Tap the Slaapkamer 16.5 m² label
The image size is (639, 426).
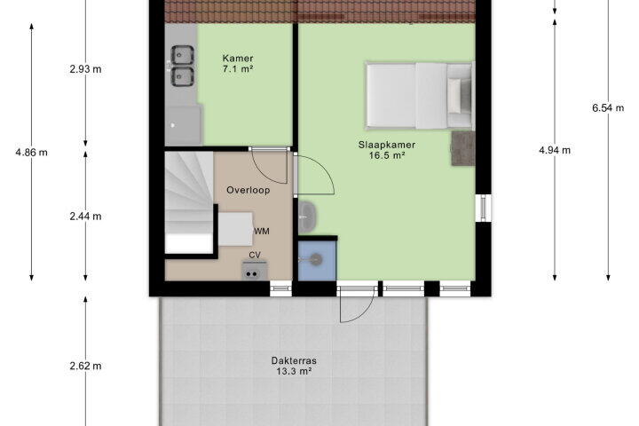click(x=387, y=150)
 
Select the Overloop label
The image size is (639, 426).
click(x=248, y=190)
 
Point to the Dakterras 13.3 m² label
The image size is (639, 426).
click(x=294, y=366)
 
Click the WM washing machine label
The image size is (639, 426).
click(x=262, y=231)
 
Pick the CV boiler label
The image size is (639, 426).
click(x=255, y=256)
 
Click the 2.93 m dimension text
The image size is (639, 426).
click(x=85, y=69)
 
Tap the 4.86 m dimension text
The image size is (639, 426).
click(x=31, y=153)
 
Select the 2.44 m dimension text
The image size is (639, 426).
click(x=85, y=217)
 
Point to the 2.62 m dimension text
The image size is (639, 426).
click(x=85, y=366)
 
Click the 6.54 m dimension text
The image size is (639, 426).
click(x=608, y=108)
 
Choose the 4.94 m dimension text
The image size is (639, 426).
click(x=555, y=150)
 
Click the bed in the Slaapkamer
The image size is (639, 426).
click(x=420, y=96)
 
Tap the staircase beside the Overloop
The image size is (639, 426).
click(x=190, y=202)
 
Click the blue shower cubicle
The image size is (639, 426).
click(x=317, y=261)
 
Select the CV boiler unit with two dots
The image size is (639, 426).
click(x=255, y=271)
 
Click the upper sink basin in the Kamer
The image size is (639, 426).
click(x=182, y=55)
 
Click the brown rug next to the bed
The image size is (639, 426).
click(x=463, y=148)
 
